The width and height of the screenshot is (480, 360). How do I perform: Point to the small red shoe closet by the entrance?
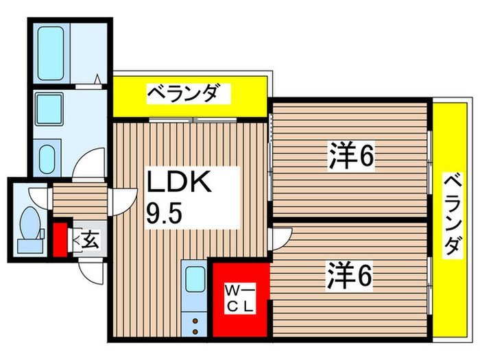tap(60, 237)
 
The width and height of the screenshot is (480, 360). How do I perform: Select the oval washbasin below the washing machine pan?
tap(47, 158)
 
